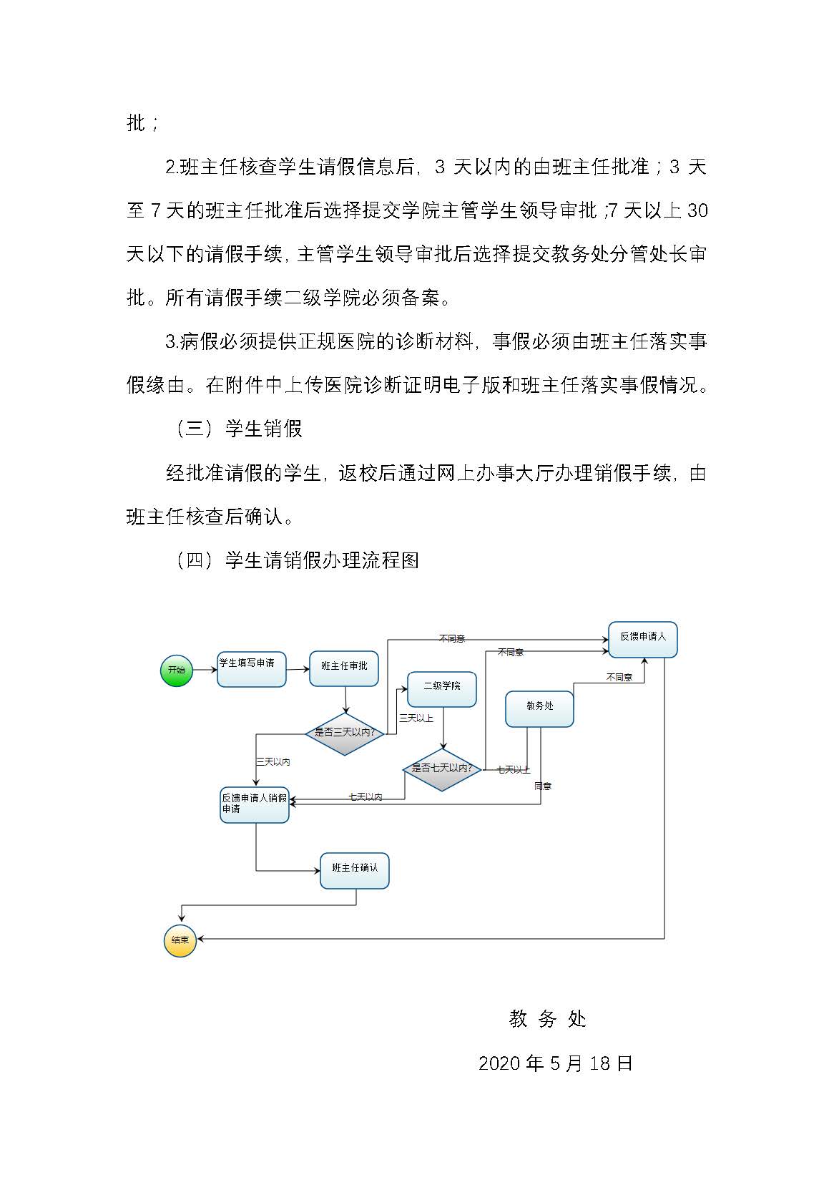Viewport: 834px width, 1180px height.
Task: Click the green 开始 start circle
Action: [176, 670]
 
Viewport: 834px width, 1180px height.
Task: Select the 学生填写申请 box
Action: [251, 669]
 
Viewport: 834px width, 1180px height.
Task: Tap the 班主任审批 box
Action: [343, 668]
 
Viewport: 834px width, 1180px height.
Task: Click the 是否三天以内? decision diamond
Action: [345, 733]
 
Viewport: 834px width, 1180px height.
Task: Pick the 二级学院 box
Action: [441, 688]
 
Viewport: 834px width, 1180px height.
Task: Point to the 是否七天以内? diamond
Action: [442, 769]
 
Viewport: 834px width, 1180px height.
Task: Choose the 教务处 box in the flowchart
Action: [539, 708]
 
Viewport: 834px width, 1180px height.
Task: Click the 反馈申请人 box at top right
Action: [642, 639]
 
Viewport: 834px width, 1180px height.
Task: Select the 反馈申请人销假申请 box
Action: [254, 804]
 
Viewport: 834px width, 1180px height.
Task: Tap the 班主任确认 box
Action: [354, 870]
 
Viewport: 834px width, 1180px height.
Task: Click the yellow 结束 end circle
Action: [180, 940]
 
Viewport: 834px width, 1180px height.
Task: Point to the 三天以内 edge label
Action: [273, 762]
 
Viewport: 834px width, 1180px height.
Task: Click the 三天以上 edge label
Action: [416, 718]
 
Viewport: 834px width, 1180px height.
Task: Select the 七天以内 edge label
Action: [365, 796]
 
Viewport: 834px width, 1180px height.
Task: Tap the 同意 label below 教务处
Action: [543, 786]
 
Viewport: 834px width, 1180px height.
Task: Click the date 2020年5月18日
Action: [555, 1063]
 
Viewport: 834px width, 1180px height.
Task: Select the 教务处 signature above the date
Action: [547, 1019]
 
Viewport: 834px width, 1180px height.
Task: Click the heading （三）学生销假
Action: [239, 429]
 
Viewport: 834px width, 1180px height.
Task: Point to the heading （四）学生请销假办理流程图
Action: [297, 560]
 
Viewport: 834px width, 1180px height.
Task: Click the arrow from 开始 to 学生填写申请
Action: [205, 670]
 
